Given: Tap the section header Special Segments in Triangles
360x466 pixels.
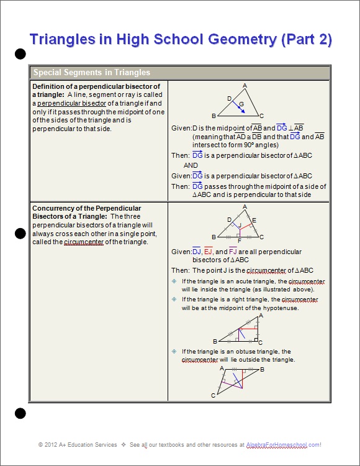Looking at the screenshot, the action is coord(91,72).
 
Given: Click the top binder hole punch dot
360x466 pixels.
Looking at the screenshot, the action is coord(20,54).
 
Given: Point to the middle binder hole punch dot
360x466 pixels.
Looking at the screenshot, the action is coord(20,234).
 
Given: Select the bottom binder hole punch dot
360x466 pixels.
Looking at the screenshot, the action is coord(20,413).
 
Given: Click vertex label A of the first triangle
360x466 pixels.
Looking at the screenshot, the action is coord(245,86).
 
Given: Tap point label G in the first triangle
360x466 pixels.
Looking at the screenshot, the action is coord(241,103).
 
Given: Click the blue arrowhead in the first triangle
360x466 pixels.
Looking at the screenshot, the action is coord(242,111).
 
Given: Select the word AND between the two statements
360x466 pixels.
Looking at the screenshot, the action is coord(191,165).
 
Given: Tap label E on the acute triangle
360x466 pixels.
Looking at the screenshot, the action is coord(254,220).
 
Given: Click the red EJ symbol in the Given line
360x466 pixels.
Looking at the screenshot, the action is coord(208,251).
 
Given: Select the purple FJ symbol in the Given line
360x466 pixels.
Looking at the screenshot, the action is coord(233,251).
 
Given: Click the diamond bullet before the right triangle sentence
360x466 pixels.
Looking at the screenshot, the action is coord(174,299).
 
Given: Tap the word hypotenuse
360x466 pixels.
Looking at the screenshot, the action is coord(281,308).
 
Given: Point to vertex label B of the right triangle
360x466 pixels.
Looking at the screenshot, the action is coord(215,341).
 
